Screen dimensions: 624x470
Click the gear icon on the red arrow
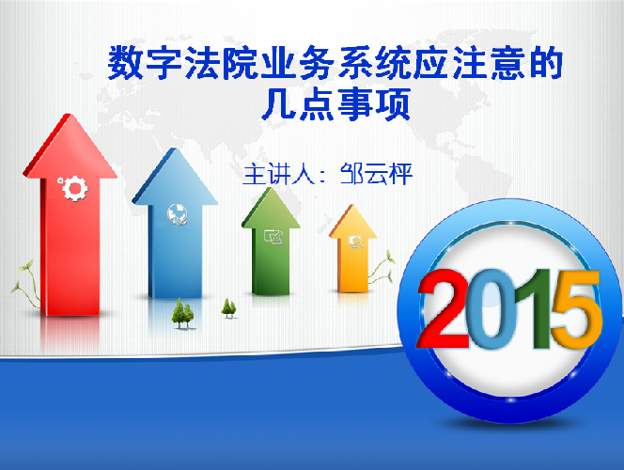[x=73, y=188]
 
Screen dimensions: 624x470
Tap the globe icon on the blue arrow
[x=177, y=214]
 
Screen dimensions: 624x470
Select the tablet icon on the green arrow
[x=273, y=237]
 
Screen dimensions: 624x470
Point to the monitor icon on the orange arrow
[x=356, y=242]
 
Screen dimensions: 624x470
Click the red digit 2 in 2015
[x=443, y=308]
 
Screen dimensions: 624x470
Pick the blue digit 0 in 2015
[x=491, y=309]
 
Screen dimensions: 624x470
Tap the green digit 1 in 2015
[x=533, y=309]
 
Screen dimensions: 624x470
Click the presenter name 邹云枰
[x=376, y=174]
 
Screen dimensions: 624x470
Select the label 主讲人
[x=279, y=174]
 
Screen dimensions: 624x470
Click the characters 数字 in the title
[x=145, y=63]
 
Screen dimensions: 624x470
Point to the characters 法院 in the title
[x=221, y=63]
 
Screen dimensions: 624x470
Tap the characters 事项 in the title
[x=374, y=104]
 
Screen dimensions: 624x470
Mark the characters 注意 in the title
[x=490, y=63]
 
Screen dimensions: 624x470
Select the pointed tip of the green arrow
[x=273, y=188]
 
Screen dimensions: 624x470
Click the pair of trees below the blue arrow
[x=183, y=314]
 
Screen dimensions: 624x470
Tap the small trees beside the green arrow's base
[x=228, y=308]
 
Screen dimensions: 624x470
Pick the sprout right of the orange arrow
[x=382, y=267]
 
